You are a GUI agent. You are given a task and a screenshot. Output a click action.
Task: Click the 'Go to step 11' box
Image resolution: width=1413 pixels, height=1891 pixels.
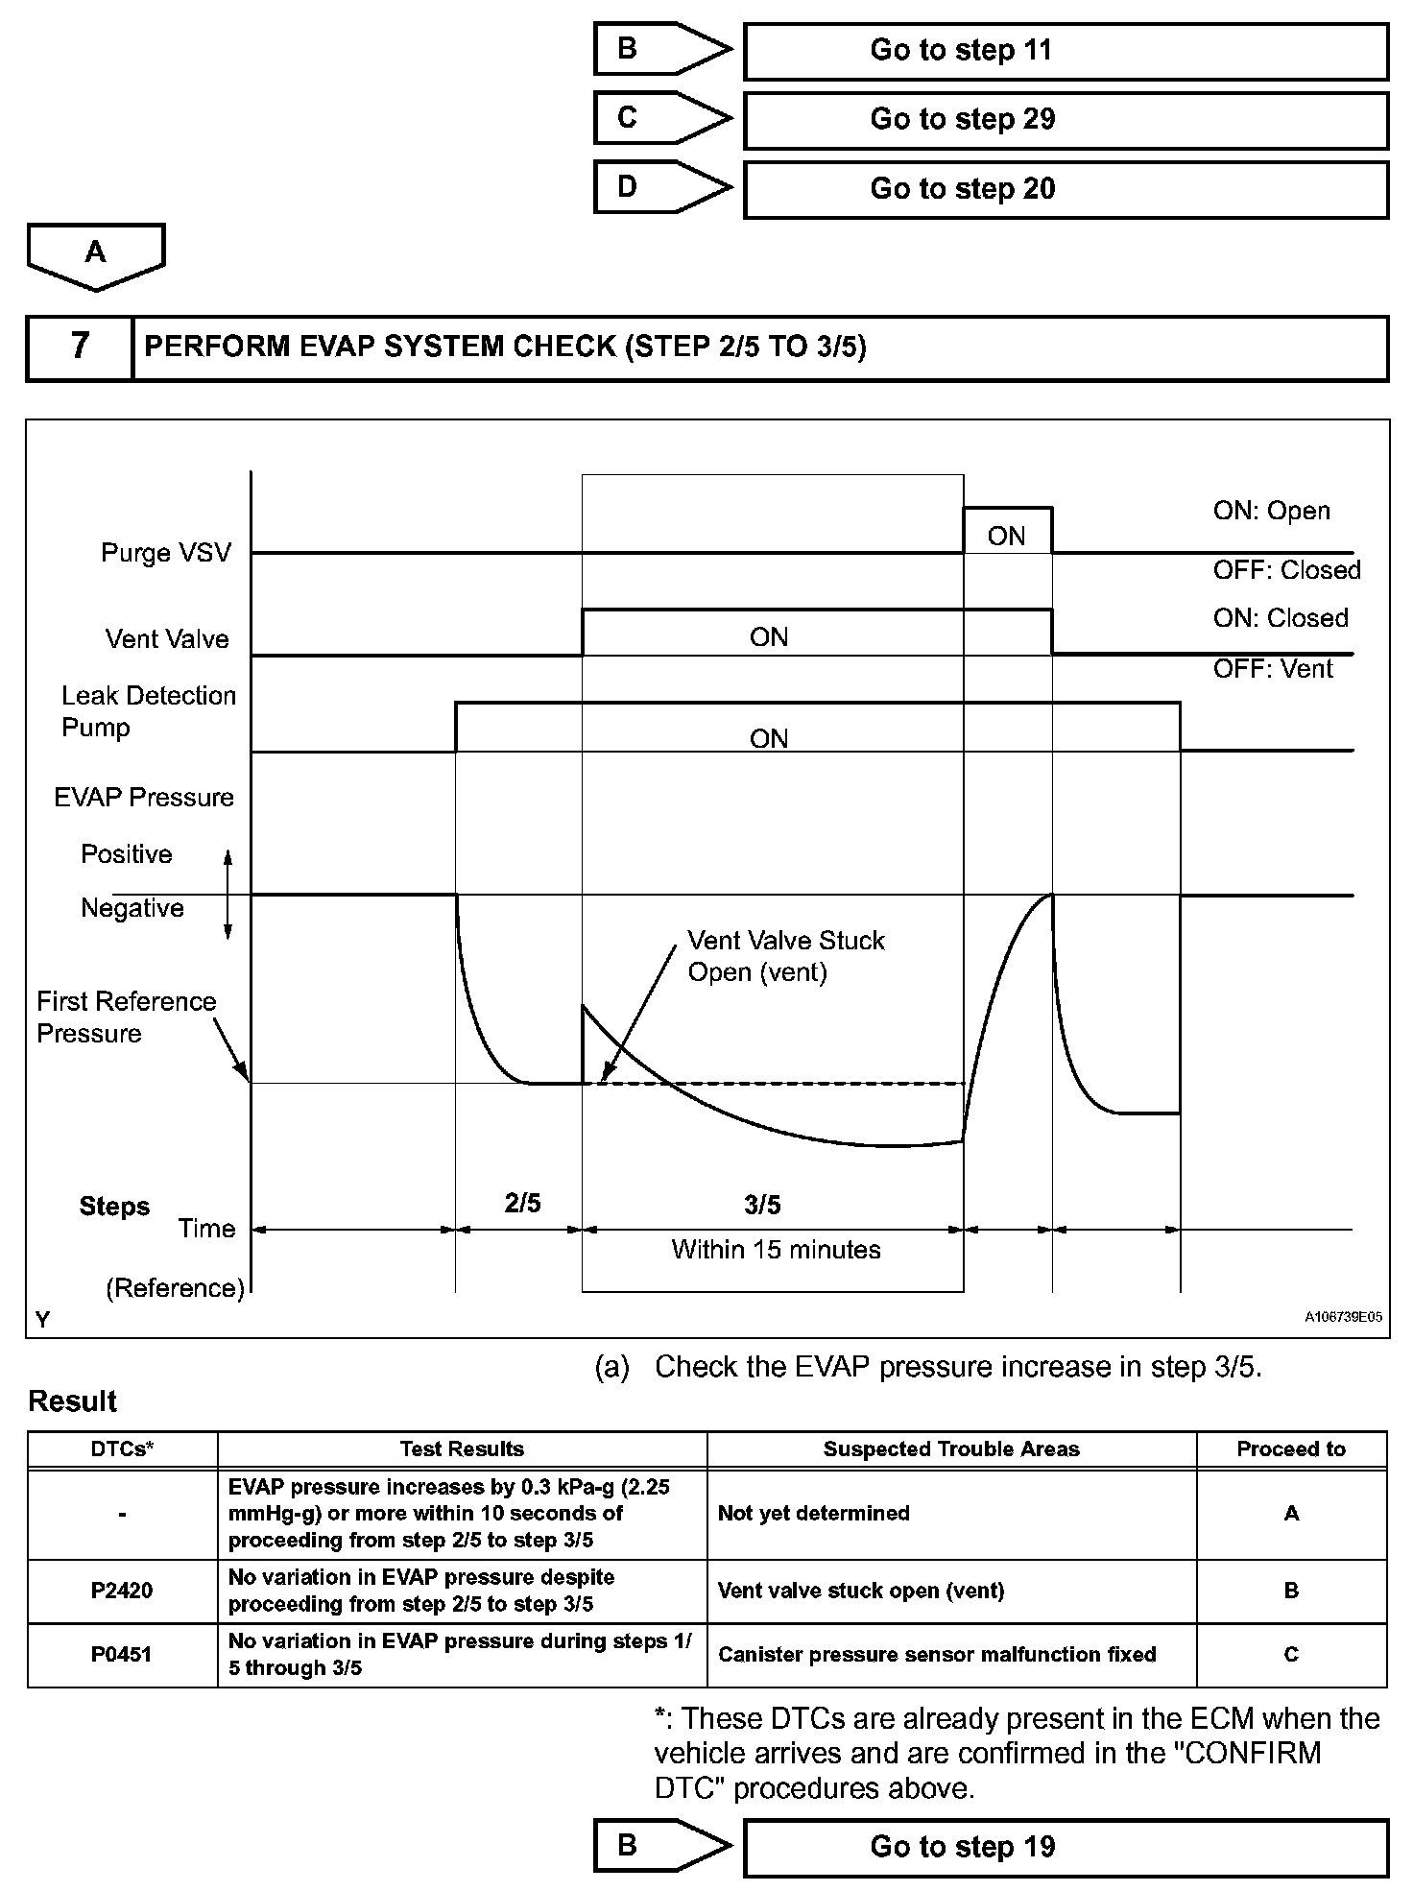pyautogui.click(x=1066, y=51)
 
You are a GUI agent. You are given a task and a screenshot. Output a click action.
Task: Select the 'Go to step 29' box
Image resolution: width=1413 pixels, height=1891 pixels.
pyautogui.click(x=1066, y=120)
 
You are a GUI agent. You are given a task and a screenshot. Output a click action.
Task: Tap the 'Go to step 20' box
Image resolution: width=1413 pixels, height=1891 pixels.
pyautogui.click(x=1066, y=189)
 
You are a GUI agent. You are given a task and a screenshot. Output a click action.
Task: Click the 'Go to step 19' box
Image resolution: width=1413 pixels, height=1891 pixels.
pyautogui.click(x=1066, y=1847)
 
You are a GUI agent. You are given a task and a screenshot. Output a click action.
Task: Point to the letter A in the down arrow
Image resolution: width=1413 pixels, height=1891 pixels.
pyautogui.click(x=95, y=252)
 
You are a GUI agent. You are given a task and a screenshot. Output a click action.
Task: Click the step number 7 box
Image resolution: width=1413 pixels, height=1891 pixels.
pyautogui.click(x=80, y=347)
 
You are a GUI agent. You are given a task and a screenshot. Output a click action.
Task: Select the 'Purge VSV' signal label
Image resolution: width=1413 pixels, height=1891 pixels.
pyautogui.click(x=166, y=553)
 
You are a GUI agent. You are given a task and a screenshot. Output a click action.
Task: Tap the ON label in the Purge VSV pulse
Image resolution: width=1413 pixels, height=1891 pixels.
pyautogui.click(x=1006, y=537)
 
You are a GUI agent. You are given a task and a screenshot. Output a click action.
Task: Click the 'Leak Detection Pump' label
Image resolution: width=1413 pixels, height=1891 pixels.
pyautogui.click(x=148, y=711)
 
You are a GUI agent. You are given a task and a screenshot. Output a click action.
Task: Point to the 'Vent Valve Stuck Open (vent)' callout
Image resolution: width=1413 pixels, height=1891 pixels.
pyautogui.click(x=785, y=956)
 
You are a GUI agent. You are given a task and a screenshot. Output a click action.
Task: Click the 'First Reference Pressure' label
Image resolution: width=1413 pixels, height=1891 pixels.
pyautogui.click(x=126, y=1017)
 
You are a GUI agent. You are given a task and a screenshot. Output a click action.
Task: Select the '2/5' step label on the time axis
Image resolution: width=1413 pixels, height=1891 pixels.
pyautogui.click(x=522, y=1204)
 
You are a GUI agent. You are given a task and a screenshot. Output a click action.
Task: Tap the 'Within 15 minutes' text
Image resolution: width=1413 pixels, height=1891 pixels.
pyautogui.click(x=776, y=1250)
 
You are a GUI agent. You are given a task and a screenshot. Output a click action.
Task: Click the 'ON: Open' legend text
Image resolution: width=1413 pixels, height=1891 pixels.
pyautogui.click(x=1271, y=511)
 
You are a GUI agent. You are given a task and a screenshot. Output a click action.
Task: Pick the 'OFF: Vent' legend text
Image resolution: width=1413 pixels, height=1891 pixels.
pyautogui.click(x=1272, y=669)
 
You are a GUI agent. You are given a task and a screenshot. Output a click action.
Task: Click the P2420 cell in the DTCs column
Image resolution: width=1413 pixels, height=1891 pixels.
pyautogui.click(x=122, y=1591)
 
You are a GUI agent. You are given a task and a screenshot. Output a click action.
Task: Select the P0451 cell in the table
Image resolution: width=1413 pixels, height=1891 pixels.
pyautogui.click(x=122, y=1655)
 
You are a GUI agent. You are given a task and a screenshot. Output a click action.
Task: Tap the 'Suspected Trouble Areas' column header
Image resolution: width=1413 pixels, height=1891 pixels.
pyautogui.click(x=950, y=1449)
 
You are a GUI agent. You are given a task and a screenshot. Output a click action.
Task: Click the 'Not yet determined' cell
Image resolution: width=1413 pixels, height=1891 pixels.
pyautogui.click(x=813, y=1514)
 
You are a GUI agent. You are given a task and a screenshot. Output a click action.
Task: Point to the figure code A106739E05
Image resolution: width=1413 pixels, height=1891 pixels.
pyautogui.click(x=1343, y=1318)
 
